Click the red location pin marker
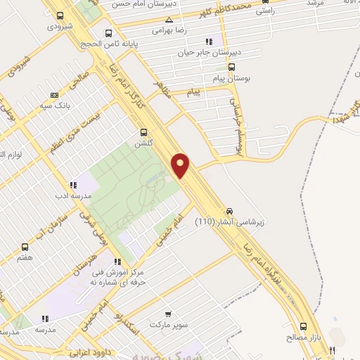181,165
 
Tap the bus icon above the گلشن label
144,131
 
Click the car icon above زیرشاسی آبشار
230,210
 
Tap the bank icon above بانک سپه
55,95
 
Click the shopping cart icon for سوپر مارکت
167,314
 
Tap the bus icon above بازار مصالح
304,326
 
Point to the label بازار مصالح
304,337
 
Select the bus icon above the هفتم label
26,247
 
